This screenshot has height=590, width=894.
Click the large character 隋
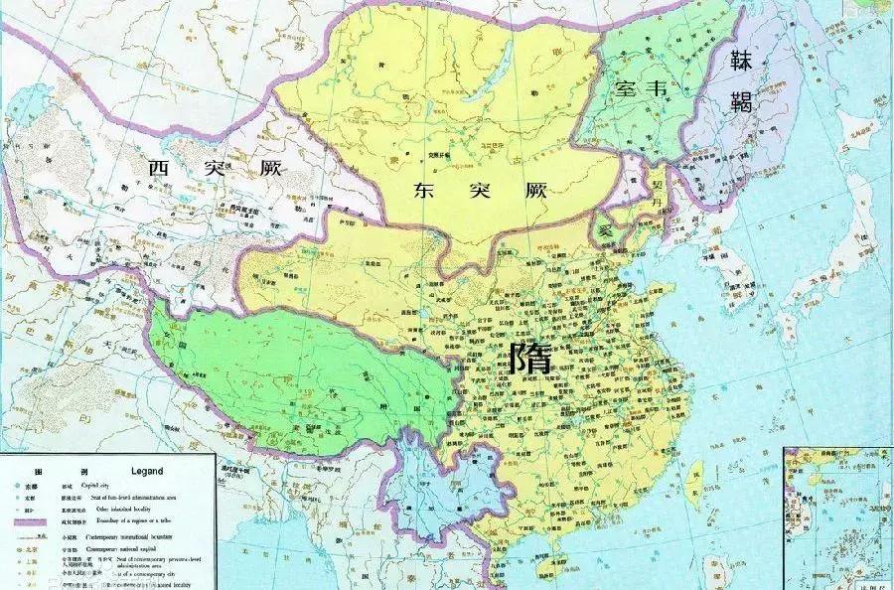coord(529,360)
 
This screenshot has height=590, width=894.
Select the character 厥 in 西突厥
coord(268,169)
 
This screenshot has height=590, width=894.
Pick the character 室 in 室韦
coord(625,87)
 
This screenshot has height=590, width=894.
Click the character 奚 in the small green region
coord(606,228)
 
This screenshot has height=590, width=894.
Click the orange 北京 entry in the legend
coord(27,548)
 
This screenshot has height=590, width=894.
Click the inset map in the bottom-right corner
coord(838,517)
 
